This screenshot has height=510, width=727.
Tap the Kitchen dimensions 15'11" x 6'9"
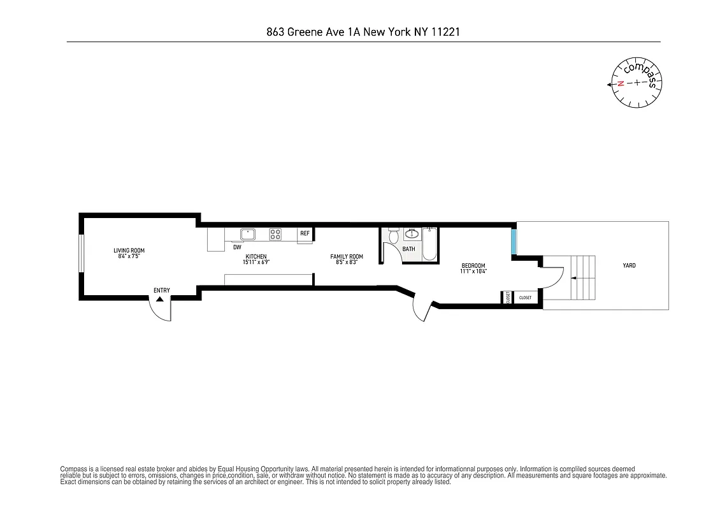click(x=252, y=262)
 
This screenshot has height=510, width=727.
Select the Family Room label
click(x=347, y=256)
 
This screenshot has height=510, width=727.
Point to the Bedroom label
click(x=473, y=265)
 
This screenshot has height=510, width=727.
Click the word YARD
click(x=629, y=265)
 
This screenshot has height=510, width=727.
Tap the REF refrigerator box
click(x=305, y=234)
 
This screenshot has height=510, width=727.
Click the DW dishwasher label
click(x=237, y=247)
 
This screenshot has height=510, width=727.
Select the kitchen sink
click(x=247, y=233)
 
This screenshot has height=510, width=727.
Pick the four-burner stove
click(x=275, y=234)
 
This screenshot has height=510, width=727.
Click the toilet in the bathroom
click(x=392, y=237)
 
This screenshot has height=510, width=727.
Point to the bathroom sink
click(x=412, y=233)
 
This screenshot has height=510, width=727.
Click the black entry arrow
click(x=160, y=298)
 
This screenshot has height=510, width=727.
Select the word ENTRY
click(x=161, y=291)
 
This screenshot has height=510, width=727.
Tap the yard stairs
click(x=582, y=278)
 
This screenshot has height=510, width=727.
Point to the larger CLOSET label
click(x=526, y=298)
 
